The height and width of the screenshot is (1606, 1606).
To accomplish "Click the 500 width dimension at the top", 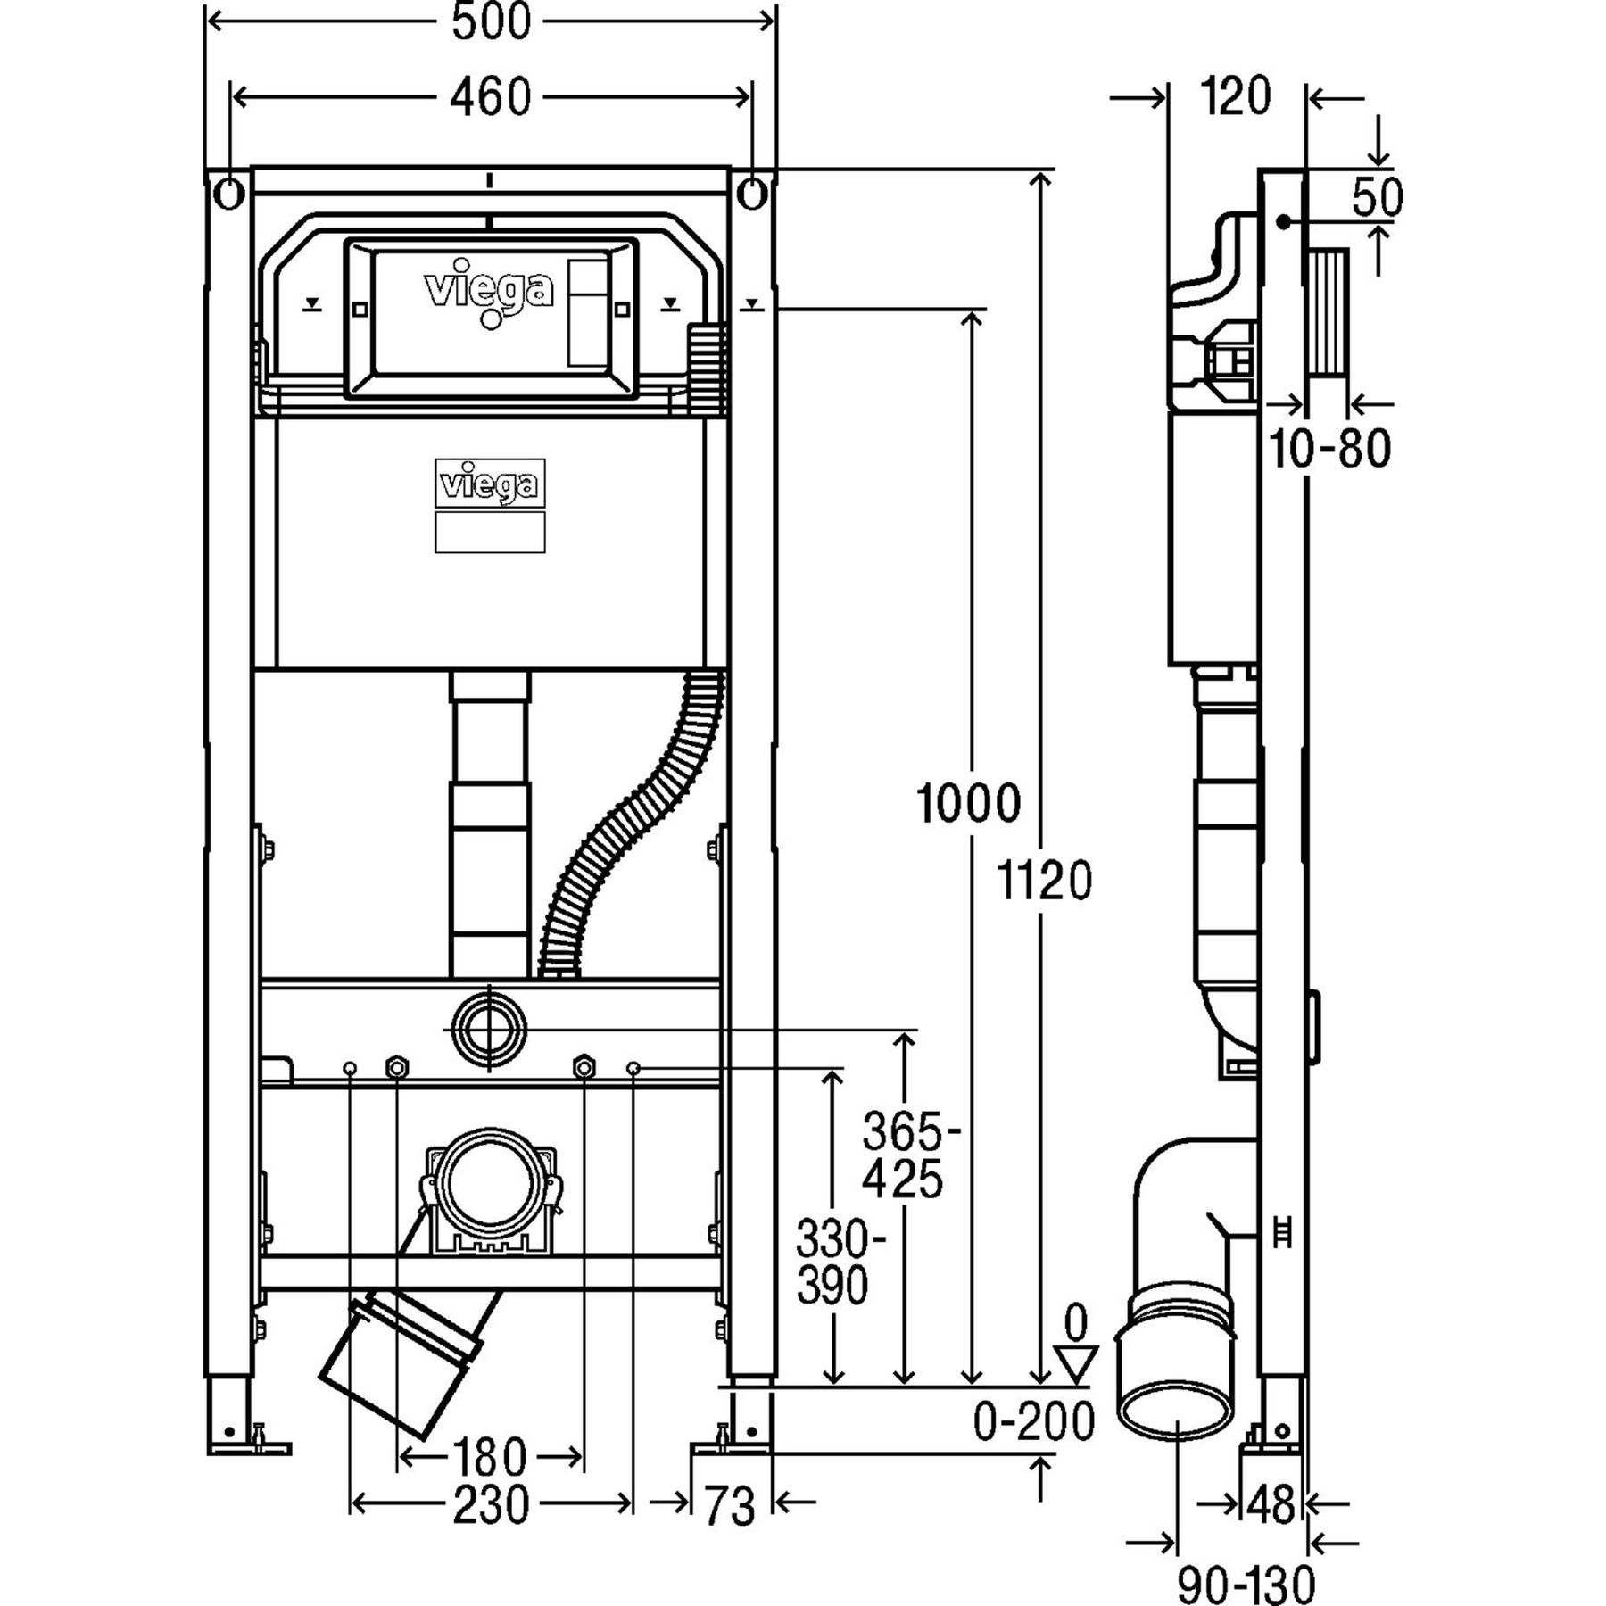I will [490, 22].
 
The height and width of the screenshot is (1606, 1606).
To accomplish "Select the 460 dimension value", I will [490, 96].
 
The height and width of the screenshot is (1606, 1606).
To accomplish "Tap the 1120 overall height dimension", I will [1043, 882].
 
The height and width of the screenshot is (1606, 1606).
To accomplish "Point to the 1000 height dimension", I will [969, 803].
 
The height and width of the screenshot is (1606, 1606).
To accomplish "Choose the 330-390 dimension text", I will [832, 1262].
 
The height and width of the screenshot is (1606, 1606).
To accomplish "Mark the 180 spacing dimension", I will [489, 1458].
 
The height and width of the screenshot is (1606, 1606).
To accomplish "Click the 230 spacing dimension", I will [490, 1506].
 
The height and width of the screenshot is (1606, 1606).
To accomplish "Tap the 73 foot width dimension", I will [730, 1506].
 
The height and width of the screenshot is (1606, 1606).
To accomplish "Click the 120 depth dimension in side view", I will [1235, 96].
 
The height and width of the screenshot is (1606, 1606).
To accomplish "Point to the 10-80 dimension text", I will [1329, 449].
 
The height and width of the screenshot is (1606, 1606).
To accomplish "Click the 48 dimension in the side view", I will [1271, 1506].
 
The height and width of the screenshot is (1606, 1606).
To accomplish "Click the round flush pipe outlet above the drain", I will [490, 1029].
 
